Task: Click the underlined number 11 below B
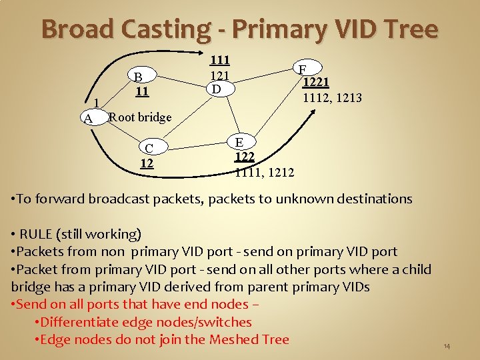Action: point(141,90)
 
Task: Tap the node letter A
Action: point(87,119)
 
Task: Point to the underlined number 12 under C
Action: point(147,162)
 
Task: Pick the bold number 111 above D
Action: point(220,60)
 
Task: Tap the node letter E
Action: point(239,142)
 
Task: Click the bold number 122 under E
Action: point(245,157)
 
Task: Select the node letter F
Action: point(302,69)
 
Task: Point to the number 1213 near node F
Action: point(349,98)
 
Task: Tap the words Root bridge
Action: point(140,117)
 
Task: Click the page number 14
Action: point(447,346)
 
